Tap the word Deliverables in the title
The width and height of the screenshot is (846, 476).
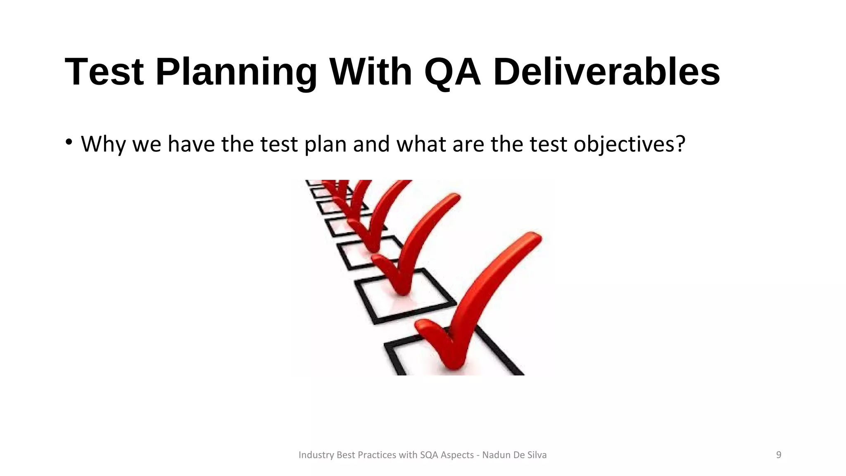tap(606, 72)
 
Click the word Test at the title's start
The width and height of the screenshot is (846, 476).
tap(104, 72)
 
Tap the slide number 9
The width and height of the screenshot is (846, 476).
tap(779, 455)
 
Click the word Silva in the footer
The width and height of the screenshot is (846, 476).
tap(537, 455)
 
